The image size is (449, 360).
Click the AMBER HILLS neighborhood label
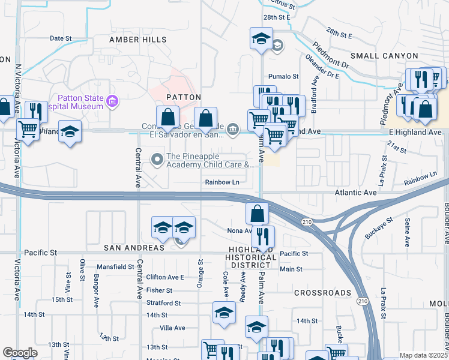pyautogui.click(x=138, y=39)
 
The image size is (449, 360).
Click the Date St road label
pyautogui.click(x=61, y=38)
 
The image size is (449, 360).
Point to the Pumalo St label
pyautogui.click(x=283, y=77)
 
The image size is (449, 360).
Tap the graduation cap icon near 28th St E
pyautogui.click(x=261, y=40)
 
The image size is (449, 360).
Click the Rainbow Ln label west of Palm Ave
pyautogui.click(x=222, y=182)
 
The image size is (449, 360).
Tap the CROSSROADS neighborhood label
pyautogui.click(x=323, y=293)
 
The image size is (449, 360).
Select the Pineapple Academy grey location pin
pyautogui.click(x=158, y=160)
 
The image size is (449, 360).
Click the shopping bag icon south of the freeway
pyautogui.click(x=257, y=213)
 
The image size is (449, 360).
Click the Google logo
pyautogui.click(x=20, y=353)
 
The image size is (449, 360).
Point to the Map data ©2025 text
pyautogui.click(x=423, y=355)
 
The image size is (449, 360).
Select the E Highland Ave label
pyautogui.click(x=415, y=132)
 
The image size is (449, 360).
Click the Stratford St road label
pyautogui.click(x=164, y=303)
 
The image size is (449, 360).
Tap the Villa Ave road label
pyautogui.click(x=172, y=328)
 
